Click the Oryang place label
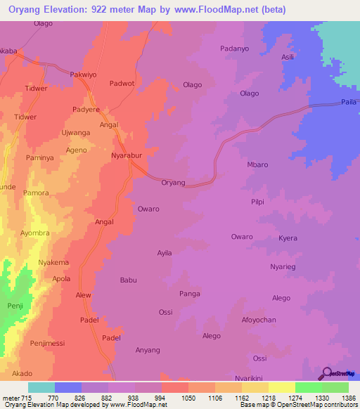click(x=173, y=183)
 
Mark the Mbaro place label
click(x=257, y=164)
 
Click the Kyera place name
click(x=288, y=239)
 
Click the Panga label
click(x=190, y=294)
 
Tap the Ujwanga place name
click(x=76, y=132)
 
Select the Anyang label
click(x=148, y=350)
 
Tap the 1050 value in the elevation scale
click(x=188, y=398)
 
